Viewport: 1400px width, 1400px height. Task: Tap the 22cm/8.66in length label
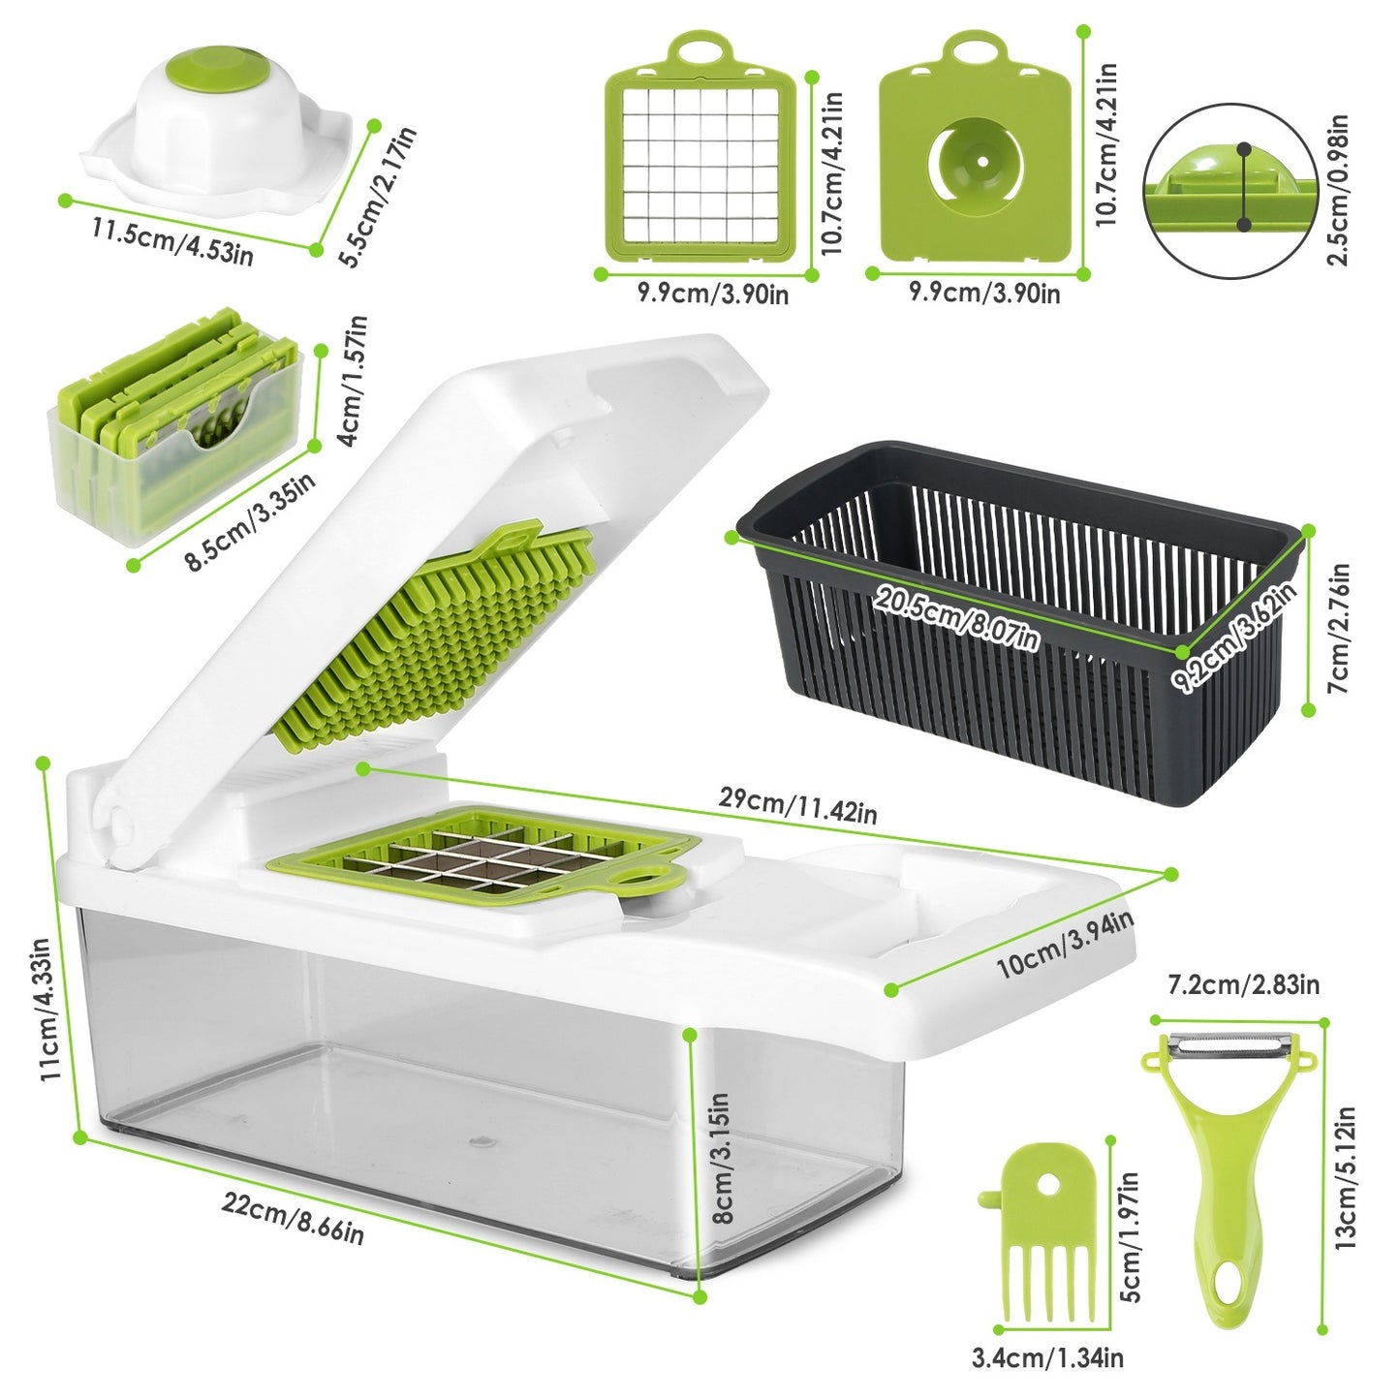pyautogui.click(x=293, y=1219)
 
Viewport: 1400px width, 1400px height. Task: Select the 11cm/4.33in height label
pyautogui.click(x=48, y=1008)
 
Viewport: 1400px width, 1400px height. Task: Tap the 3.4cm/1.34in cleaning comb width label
pyautogui.click(x=1047, y=1358)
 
